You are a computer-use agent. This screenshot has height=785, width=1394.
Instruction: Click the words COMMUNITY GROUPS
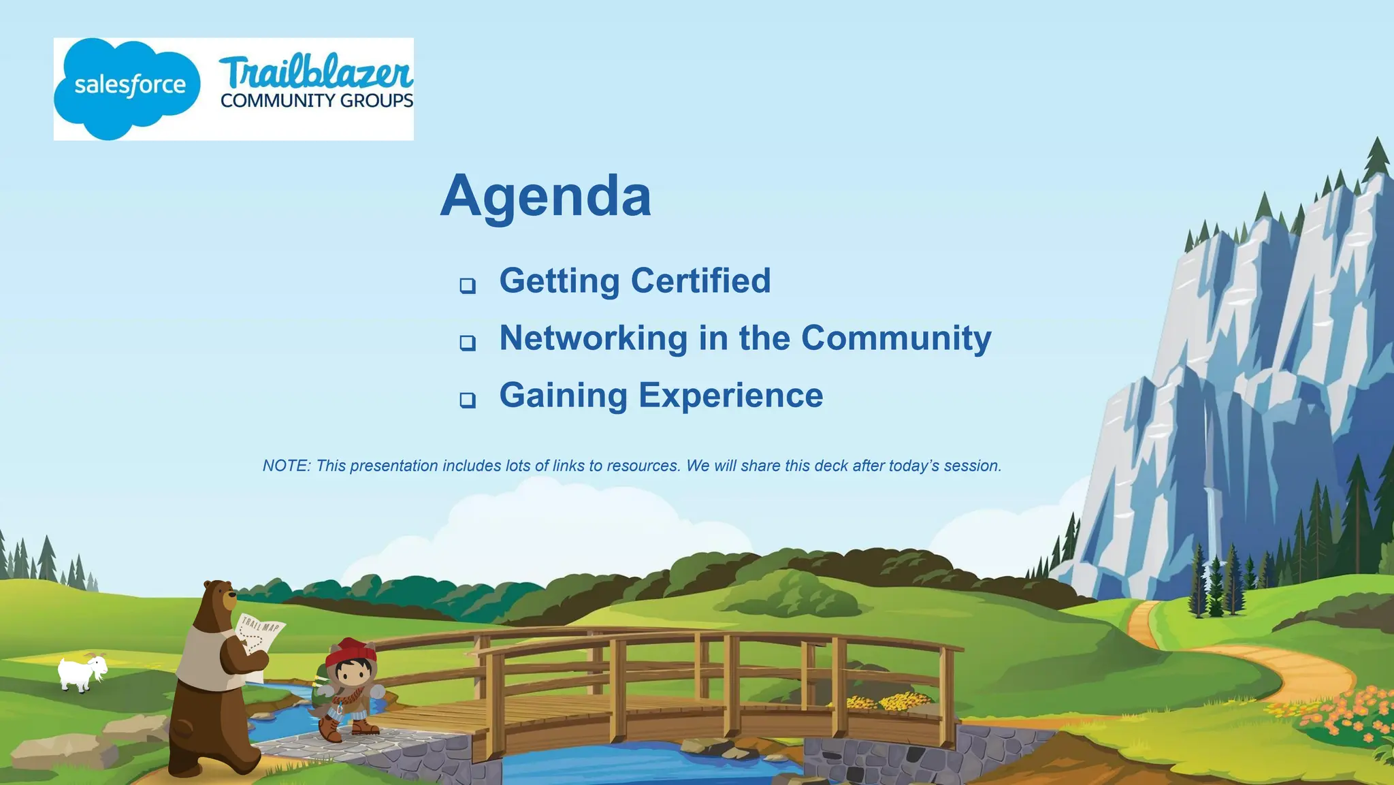317,101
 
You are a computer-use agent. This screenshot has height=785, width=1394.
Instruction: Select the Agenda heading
545,196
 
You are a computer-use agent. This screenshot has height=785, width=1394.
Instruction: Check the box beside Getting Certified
467,285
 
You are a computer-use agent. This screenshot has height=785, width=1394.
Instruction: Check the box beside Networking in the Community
467,342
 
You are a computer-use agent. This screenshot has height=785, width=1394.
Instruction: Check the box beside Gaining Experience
467,400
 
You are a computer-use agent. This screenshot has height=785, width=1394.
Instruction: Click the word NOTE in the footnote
286,466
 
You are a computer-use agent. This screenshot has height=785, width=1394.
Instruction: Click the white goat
82,673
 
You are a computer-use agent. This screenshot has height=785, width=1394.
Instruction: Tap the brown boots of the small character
347,729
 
